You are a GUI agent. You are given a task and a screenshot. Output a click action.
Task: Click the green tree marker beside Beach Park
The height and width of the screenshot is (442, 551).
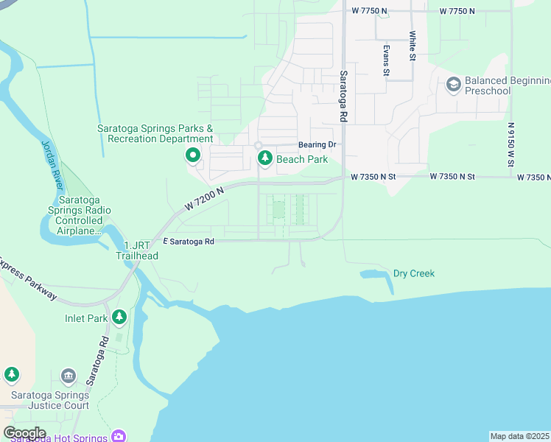click(264, 158)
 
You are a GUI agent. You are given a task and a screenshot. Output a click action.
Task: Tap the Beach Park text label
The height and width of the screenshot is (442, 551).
click(302, 159)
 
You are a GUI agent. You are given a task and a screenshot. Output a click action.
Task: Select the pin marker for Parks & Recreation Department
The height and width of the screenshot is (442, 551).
click(193, 155)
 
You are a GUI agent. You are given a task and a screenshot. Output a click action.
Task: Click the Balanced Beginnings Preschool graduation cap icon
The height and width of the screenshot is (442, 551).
click(453, 85)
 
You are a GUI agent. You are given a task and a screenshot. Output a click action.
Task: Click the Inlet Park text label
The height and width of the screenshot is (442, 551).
click(85, 318)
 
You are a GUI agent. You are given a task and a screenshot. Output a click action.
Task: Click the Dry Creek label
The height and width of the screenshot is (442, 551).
click(413, 273)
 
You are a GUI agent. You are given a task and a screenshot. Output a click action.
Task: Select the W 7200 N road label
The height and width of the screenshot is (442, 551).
click(204, 200)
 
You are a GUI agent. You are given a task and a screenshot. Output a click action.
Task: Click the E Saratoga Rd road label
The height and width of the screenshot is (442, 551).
click(188, 241)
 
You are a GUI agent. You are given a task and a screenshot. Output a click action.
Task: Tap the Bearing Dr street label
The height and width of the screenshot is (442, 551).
click(317, 145)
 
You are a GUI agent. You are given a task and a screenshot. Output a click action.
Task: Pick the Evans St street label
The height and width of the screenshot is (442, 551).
click(385, 60)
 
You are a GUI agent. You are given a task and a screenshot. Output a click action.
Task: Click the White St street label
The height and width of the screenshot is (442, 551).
click(413, 46)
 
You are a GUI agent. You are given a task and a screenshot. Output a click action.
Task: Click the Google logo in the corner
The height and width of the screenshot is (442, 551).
click(24, 432)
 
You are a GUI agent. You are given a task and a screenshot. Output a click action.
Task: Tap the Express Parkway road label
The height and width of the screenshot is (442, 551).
click(28, 278)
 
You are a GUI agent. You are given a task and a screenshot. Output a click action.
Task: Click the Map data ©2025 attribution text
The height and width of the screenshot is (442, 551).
click(519, 436)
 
